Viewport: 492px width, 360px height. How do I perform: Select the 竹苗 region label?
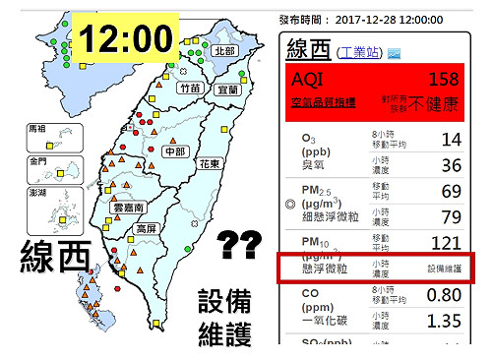[x=190, y=89]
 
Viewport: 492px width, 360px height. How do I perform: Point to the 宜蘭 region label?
[x=228, y=89]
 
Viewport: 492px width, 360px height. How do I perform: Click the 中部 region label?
[x=175, y=151]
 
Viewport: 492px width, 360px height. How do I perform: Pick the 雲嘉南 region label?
[x=129, y=209]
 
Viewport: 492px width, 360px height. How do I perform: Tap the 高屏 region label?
[x=149, y=228]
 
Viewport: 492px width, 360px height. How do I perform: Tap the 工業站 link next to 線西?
[x=361, y=51]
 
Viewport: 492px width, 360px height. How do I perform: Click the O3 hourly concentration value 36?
[x=452, y=164]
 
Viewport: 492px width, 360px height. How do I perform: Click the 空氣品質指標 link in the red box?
[x=326, y=102]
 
